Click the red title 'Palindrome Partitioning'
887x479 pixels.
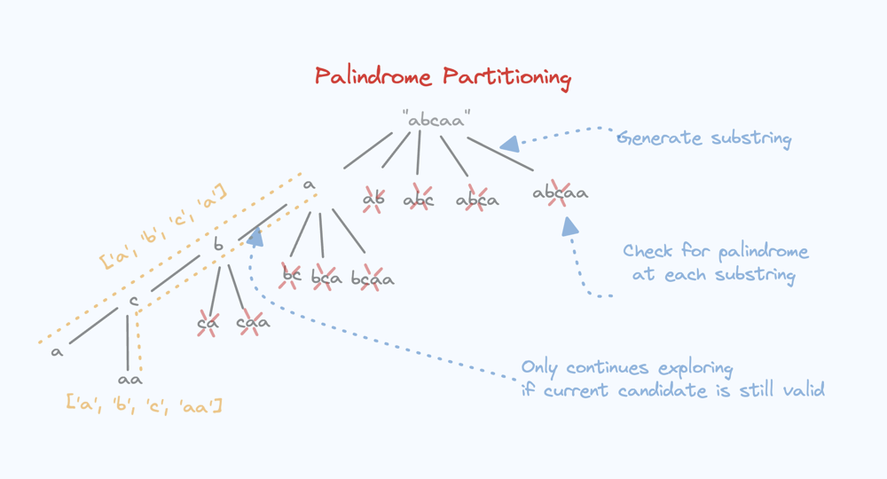[x=443, y=77]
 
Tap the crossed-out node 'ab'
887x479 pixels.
[x=373, y=200]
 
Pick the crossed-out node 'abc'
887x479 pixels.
[x=419, y=200]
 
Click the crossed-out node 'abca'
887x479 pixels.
[x=477, y=200]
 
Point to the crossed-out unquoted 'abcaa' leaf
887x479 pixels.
[x=560, y=192]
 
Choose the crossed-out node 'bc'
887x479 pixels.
[x=291, y=276]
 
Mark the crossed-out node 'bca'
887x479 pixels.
[x=326, y=279]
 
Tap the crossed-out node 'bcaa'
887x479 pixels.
[x=373, y=279]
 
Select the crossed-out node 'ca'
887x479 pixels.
[x=208, y=323]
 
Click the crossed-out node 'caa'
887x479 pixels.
[x=253, y=323]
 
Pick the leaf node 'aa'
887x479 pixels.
[x=130, y=380]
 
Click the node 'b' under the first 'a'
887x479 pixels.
[x=218, y=246]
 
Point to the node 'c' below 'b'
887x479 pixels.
[x=133, y=302]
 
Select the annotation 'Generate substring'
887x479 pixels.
[x=703, y=138]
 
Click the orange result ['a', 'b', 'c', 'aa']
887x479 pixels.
[x=144, y=404]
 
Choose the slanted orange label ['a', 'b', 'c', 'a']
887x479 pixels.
[x=164, y=226]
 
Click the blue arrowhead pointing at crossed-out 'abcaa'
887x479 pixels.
[x=569, y=227]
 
